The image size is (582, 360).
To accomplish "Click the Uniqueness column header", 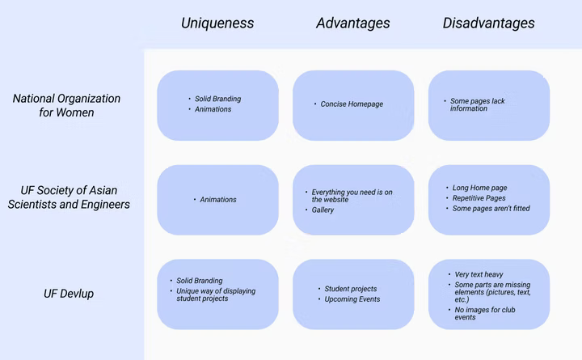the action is [x=217, y=23].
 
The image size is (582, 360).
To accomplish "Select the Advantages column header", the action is [x=353, y=23].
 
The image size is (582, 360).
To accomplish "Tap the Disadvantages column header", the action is [x=488, y=23].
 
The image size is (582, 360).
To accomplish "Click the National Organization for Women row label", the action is [x=66, y=105].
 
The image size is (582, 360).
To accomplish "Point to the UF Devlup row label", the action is [x=69, y=294].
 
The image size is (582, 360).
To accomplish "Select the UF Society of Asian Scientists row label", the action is [x=69, y=197].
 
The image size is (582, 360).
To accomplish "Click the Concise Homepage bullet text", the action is [x=352, y=104].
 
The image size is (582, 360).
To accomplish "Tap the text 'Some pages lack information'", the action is [x=478, y=105].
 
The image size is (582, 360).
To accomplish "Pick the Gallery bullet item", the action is [x=323, y=210].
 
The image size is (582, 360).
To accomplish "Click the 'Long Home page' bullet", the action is [x=479, y=188].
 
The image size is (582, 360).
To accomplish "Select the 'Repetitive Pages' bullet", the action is [x=479, y=198].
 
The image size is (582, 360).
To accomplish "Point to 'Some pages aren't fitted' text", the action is [x=491, y=209].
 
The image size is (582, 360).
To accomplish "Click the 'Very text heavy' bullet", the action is [x=479, y=274].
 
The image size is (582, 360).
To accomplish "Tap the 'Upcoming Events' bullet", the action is [x=352, y=299].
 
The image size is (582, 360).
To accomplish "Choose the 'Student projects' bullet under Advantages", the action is [x=350, y=289].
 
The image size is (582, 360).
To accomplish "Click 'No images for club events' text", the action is [x=485, y=313].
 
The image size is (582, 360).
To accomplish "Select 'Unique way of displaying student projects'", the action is [x=216, y=294].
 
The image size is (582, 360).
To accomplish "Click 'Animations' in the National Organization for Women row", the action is [x=213, y=109].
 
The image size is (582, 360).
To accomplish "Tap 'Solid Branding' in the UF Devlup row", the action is [x=200, y=281].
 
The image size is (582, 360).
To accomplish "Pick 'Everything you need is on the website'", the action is [x=352, y=196].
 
